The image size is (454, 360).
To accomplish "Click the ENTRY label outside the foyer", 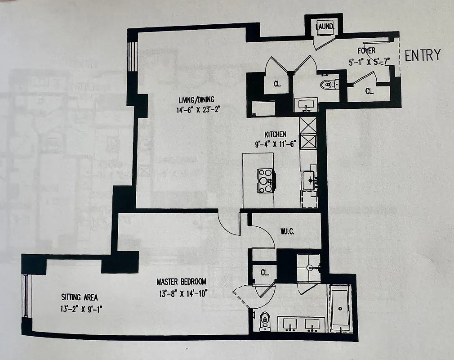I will tap(423, 55).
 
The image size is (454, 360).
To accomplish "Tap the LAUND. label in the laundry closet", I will tap(325, 27).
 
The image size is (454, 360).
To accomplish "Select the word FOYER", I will tap(366, 50).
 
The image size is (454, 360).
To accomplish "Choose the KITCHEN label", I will tap(275, 134).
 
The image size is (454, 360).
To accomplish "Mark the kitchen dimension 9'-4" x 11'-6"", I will tap(275, 144).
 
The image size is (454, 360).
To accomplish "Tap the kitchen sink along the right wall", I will tap(310, 180).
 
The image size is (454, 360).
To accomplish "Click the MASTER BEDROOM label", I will tap(181, 282).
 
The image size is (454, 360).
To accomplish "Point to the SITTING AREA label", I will tap(79, 297).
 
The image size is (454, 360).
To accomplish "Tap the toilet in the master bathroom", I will tap(265, 320).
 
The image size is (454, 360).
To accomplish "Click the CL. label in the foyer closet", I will tap(369, 91).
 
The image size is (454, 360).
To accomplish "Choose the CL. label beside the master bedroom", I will tap(264, 273).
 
